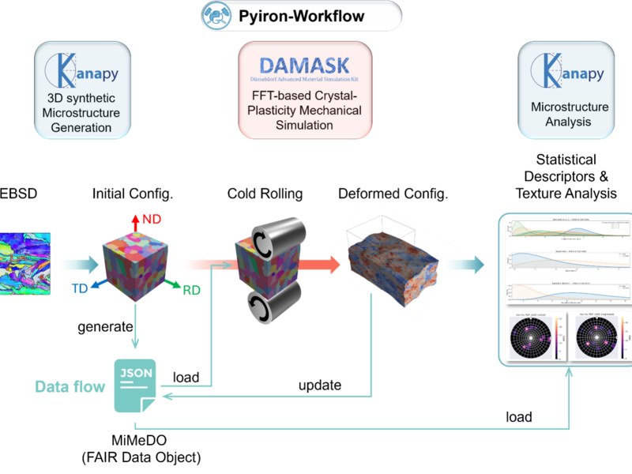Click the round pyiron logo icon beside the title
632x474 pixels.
click(215, 16)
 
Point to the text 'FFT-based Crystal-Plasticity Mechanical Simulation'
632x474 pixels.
click(305, 111)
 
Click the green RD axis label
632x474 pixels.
click(190, 290)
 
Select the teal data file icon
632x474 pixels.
click(135, 385)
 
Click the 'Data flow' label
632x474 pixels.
click(70, 386)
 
